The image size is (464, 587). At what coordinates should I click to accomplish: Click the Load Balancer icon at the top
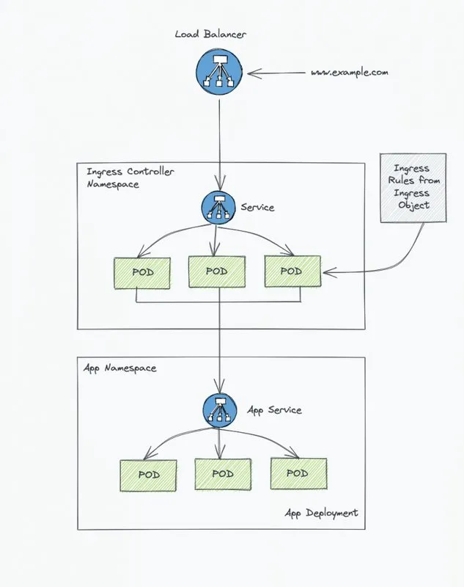coord(219,72)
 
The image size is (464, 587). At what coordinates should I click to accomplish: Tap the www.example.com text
coord(350,72)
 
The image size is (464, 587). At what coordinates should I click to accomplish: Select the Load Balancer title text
coord(210,34)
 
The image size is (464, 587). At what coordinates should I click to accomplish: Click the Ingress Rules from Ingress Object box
coord(413,188)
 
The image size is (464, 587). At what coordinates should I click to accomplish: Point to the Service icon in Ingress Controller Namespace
coord(218,208)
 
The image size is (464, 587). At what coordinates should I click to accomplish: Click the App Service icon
coord(220,411)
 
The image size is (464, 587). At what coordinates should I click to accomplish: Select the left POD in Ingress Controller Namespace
coord(142,273)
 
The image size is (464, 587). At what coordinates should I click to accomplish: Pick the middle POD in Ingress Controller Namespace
coord(217,271)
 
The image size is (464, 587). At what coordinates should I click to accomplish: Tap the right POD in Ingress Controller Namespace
coord(292,271)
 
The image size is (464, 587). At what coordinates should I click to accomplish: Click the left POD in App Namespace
coord(148,475)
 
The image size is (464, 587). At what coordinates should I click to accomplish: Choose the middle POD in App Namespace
coord(223,474)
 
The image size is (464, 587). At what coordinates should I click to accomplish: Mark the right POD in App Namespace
coord(298,473)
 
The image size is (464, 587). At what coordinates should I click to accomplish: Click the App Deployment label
coord(322,513)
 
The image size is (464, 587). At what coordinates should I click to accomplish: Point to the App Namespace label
coord(119,368)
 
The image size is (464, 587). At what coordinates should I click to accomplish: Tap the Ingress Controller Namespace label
coord(130,178)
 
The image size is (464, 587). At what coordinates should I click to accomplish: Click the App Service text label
coord(274,410)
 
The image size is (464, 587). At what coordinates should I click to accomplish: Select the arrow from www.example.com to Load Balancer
coord(276,73)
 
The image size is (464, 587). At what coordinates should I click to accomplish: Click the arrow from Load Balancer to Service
coord(219,145)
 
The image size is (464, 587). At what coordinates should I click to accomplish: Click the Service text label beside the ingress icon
coord(257,207)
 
